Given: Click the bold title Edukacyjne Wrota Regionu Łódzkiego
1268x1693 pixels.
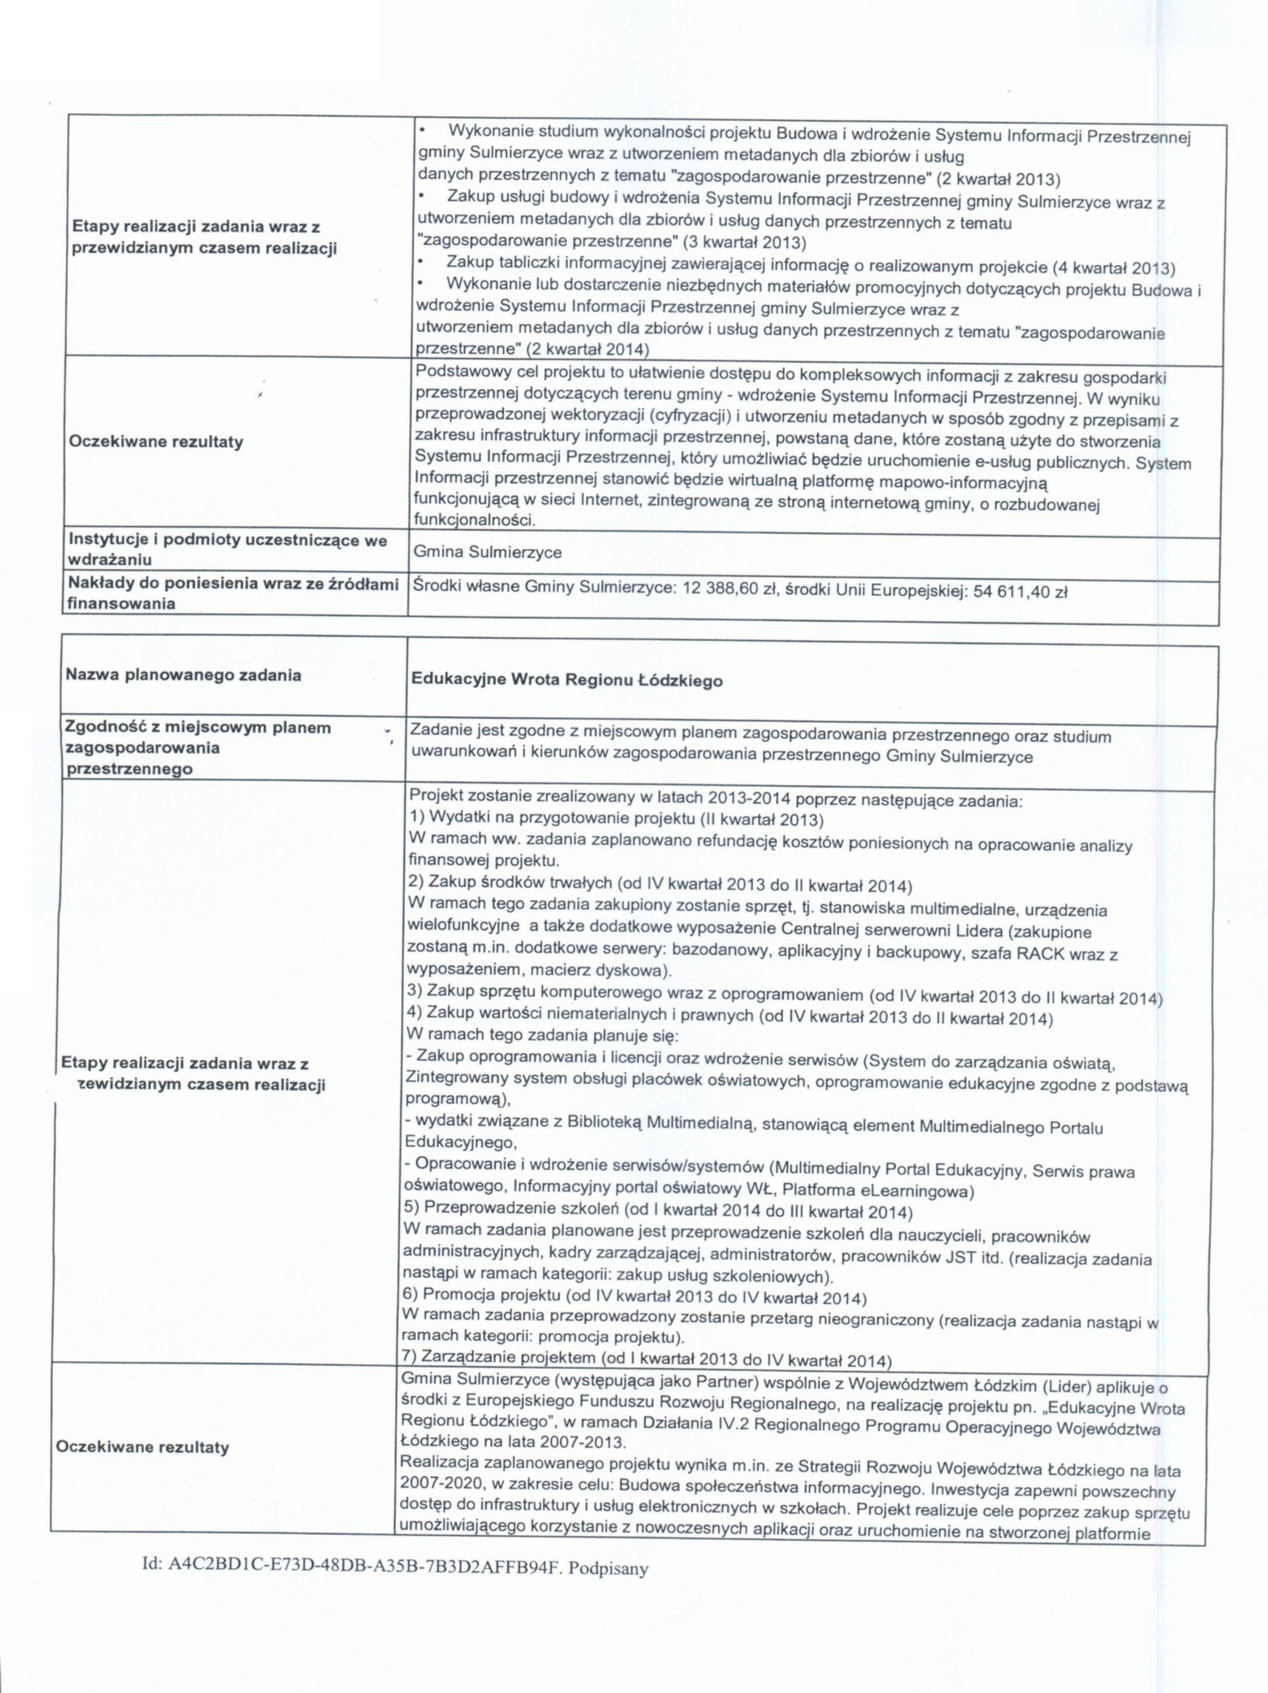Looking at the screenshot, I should pos(566,681).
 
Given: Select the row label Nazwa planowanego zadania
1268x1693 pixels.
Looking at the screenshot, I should pos(183,675).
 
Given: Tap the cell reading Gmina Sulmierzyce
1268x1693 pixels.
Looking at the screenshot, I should pos(487,552).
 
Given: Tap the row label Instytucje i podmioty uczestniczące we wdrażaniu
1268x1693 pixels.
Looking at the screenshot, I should pos(228,549).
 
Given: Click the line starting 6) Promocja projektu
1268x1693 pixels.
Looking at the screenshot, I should pos(634,1297).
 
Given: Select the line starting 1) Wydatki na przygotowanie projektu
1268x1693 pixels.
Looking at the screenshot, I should pos(616,819).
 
